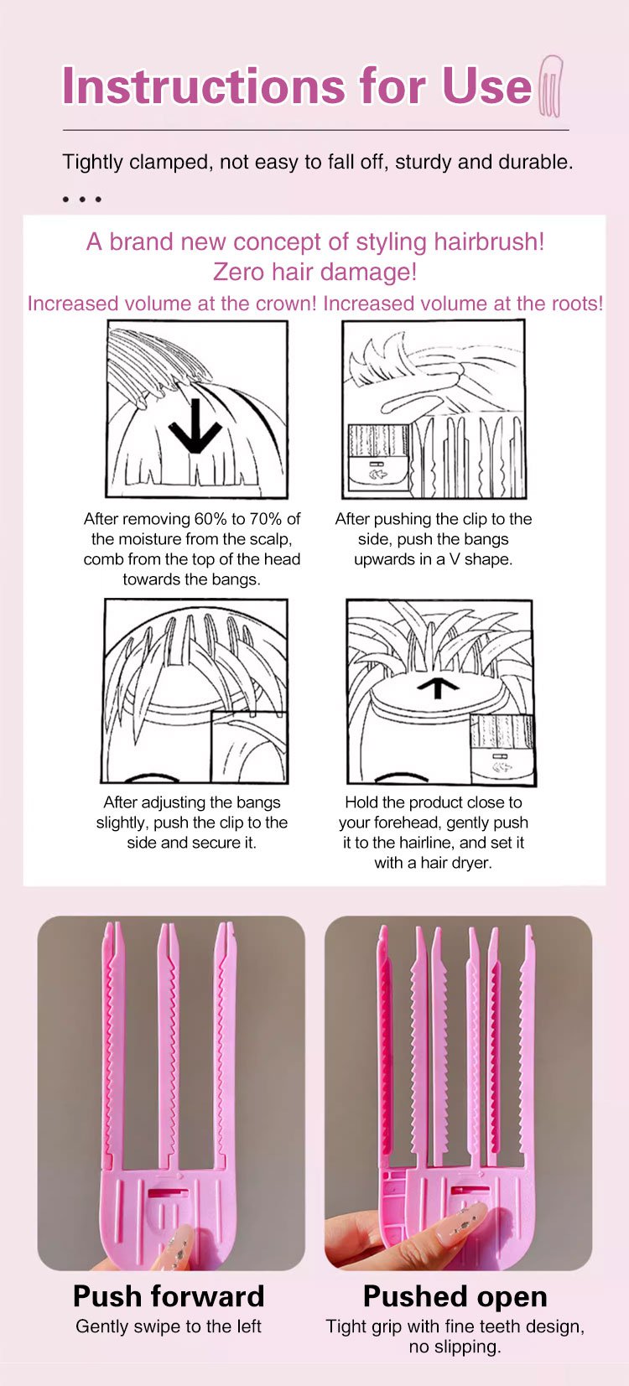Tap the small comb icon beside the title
tap(550, 86)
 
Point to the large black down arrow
tap(195, 426)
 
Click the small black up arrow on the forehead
tap(439, 688)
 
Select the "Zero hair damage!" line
tap(314, 272)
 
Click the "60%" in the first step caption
tap(211, 518)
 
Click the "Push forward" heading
tap(169, 1296)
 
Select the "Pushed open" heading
tap(455, 1296)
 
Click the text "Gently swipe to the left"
tap(169, 1326)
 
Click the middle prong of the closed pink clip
tap(168, 1046)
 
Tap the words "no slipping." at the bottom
tap(455, 1347)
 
